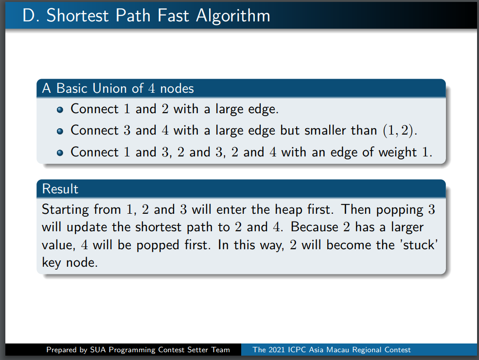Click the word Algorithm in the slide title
233,16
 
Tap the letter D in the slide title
29,15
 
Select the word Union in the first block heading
110,88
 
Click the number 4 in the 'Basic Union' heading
152,89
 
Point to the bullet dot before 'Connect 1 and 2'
60,110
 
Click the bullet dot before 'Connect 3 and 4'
60,132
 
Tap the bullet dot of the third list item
60,153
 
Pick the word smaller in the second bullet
325,131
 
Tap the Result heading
60,189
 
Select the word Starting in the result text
65,210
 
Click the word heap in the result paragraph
289,210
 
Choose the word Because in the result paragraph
314,227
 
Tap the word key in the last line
52,263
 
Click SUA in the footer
98,350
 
